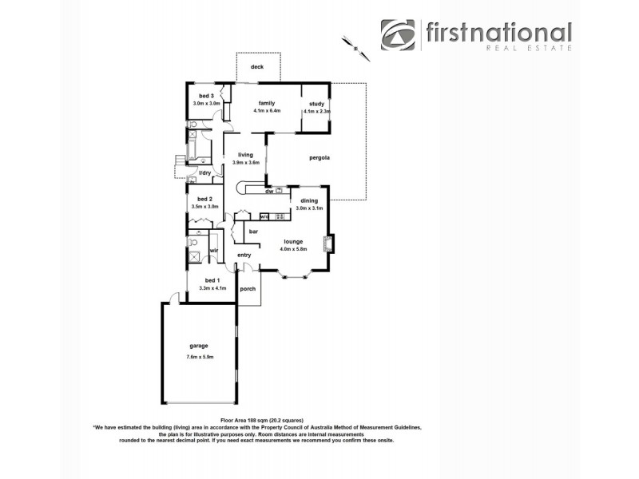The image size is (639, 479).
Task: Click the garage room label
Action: click(x=199, y=346)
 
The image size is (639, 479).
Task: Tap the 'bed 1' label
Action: click(x=211, y=280)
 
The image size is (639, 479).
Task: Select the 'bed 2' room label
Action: click(x=204, y=199)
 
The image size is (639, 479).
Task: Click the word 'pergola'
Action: click(x=319, y=158)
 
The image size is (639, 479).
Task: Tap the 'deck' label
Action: click(x=257, y=67)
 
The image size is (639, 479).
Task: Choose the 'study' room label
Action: click(x=316, y=104)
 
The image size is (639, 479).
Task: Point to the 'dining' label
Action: click(x=308, y=200)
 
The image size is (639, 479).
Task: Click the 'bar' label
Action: click(x=253, y=232)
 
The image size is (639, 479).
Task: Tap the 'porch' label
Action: click(x=248, y=288)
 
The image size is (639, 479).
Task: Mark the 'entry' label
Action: click(x=244, y=255)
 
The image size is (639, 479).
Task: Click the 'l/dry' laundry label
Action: click(x=205, y=173)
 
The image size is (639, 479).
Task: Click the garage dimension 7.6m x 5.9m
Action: click(x=199, y=356)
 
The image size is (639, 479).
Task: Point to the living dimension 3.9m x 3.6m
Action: click(x=245, y=163)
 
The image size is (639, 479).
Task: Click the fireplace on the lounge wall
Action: click(x=327, y=243)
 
